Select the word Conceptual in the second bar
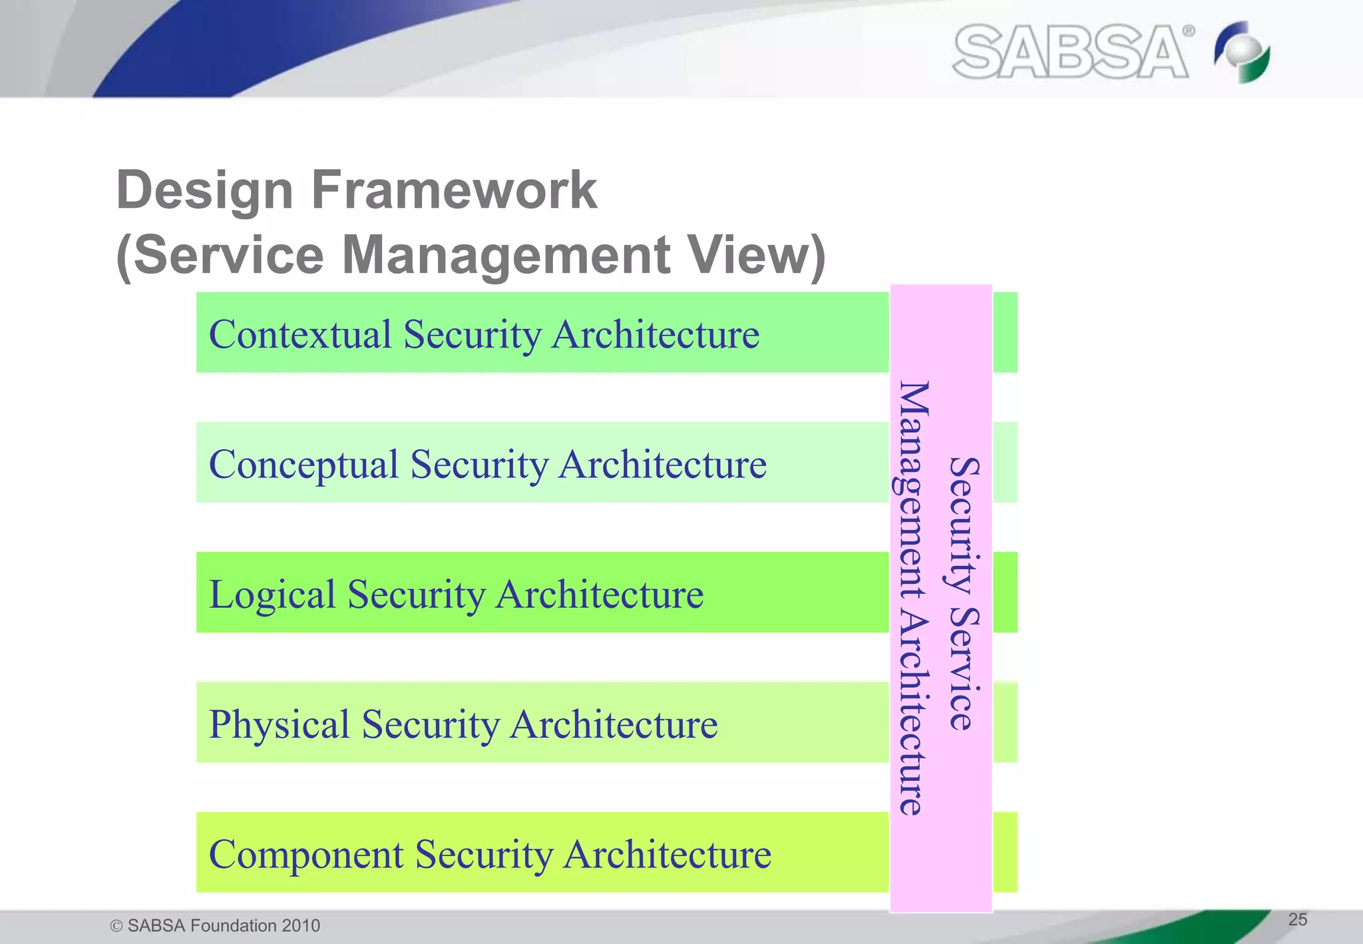(303, 464)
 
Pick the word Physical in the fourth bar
(279, 724)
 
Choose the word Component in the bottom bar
(305, 854)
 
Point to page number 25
(1297, 919)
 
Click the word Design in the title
(204, 190)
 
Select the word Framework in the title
(454, 190)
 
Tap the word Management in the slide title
(506, 255)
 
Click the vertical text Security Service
(964, 594)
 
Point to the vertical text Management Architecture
(913, 598)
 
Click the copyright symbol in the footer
(116, 926)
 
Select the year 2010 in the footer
(300, 926)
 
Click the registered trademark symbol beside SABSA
(1188, 31)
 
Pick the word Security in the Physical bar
(430, 724)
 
